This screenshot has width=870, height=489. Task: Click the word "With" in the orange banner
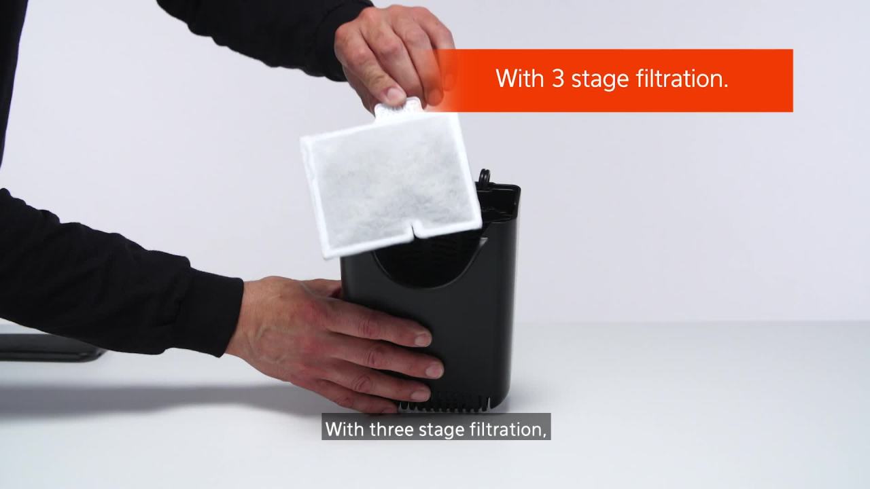(520, 79)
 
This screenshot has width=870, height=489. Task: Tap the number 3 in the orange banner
(557, 79)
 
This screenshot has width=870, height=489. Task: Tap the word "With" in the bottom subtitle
(345, 429)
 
